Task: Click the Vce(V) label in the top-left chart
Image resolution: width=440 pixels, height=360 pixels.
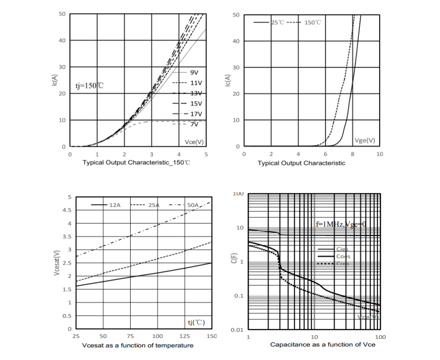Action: coord(194,142)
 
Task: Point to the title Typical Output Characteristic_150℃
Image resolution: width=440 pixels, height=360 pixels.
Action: coord(136,162)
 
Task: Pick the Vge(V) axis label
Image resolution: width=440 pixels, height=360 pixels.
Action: coord(364,140)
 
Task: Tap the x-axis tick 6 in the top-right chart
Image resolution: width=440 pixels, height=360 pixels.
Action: coord(325,154)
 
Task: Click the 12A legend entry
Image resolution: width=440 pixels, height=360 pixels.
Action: coord(115,205)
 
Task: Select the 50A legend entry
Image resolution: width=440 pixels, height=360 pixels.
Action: coord(193,205)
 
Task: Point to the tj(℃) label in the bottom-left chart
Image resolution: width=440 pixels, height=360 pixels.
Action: coord(196,322)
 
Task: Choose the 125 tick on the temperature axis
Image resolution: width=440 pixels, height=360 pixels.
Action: coord(185,336)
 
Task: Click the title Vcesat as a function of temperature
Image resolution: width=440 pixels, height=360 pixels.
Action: coord(138,345)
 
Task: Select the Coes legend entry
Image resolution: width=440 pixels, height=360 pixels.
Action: coord(343,256)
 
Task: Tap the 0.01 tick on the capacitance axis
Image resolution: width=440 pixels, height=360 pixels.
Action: coord(237,330)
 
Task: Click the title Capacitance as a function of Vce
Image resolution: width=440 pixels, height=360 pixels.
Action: coord(322,345)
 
